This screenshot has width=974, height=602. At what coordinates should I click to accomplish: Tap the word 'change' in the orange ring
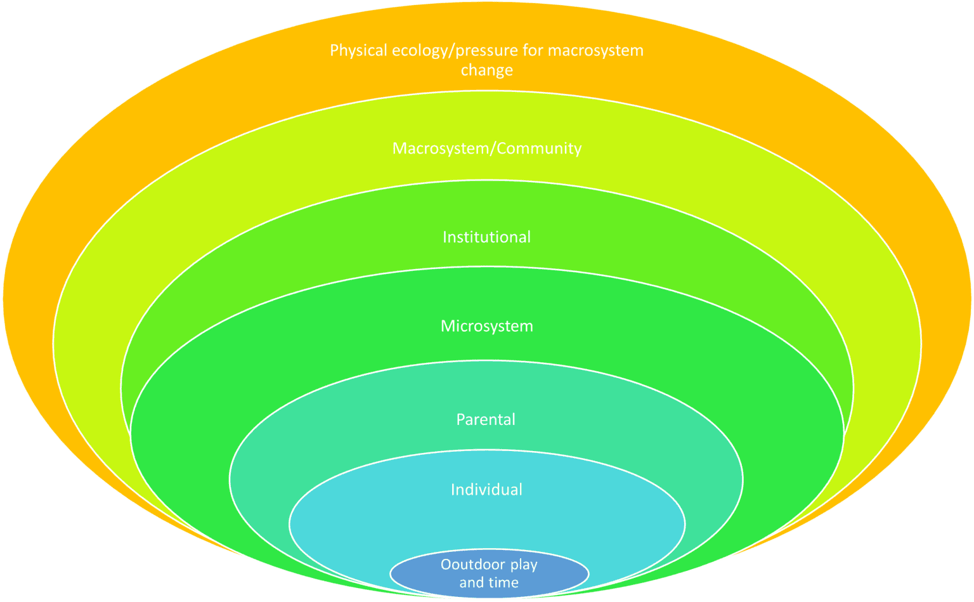(486, 70)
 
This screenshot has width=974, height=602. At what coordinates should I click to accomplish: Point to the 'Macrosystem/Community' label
(486, 148)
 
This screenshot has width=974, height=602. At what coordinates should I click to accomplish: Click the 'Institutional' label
(486, 237)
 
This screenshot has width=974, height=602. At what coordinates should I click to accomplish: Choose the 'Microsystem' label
(486, 326)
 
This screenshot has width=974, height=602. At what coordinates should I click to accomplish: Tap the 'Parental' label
(486, 419)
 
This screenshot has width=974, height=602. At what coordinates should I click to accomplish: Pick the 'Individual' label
(486, 490)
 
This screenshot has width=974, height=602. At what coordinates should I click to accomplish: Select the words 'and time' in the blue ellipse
(488, 582)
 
